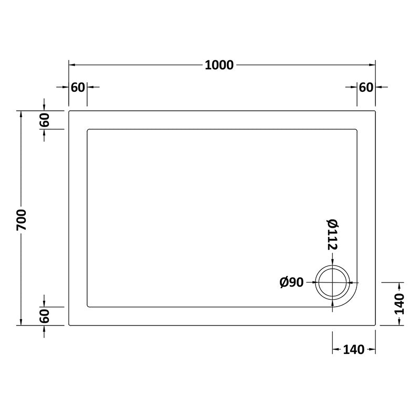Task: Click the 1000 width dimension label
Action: (219, 65)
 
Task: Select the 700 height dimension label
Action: (21, 218)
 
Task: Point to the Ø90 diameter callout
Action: (292, 282)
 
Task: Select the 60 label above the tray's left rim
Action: (78, 87)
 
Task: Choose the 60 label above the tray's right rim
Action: (366, 87)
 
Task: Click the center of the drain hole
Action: (332, 282)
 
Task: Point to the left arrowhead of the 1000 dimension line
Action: (72, 65)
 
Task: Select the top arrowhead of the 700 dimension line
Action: (21, 114)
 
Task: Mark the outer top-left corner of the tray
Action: (70, 111)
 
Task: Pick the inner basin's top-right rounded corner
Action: (357, 130)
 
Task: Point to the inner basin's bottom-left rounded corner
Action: (88, 306)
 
